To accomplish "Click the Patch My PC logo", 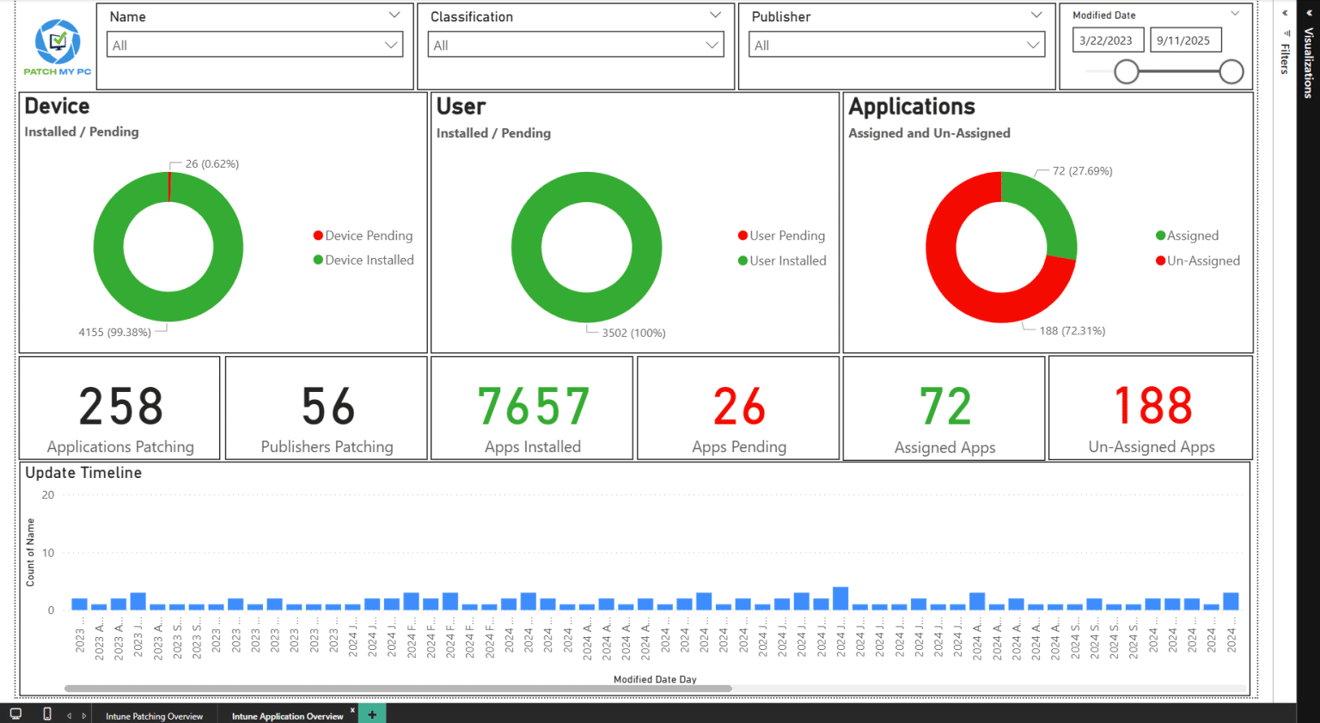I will (x=58, y=47).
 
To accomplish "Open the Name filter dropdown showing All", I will (x=255, y=46).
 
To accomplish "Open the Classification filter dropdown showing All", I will (x=576, y=46).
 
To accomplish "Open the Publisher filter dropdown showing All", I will (x=896, y=46).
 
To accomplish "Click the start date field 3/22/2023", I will (x=1106, y=40).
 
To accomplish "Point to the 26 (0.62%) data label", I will (x=212, y=164).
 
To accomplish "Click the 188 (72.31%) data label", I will (x=1072, y=331).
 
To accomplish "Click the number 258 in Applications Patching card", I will (x=121, y=407).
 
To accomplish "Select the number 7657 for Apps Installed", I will (x=533, y=407).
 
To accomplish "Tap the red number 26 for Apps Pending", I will (x=739, y=407).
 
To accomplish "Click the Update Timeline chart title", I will (x=83, y=473).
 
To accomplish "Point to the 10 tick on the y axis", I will (x=48, y=553).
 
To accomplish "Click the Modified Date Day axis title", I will (x=655, y=679).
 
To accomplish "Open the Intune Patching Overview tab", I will (x=155, y=716).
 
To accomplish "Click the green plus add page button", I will (x=372, y=714).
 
